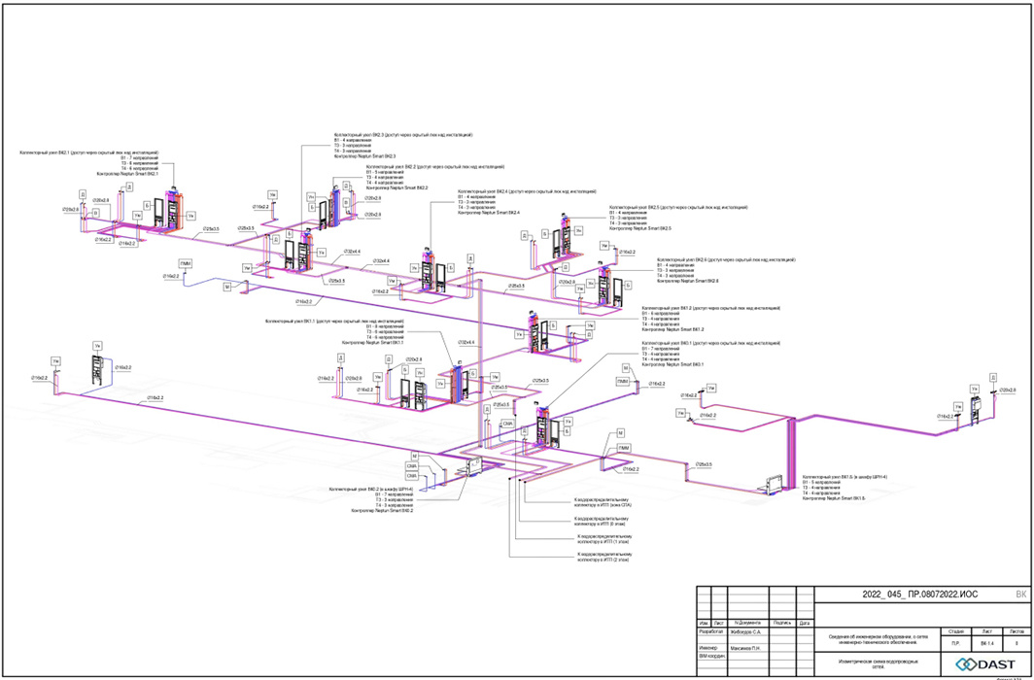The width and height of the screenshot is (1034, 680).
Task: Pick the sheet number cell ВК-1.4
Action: point(987,643)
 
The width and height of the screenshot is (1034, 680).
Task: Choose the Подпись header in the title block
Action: point(782,623)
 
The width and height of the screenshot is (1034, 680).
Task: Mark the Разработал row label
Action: point(711,631)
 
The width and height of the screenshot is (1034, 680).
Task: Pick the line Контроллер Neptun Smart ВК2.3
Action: point(364,156)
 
